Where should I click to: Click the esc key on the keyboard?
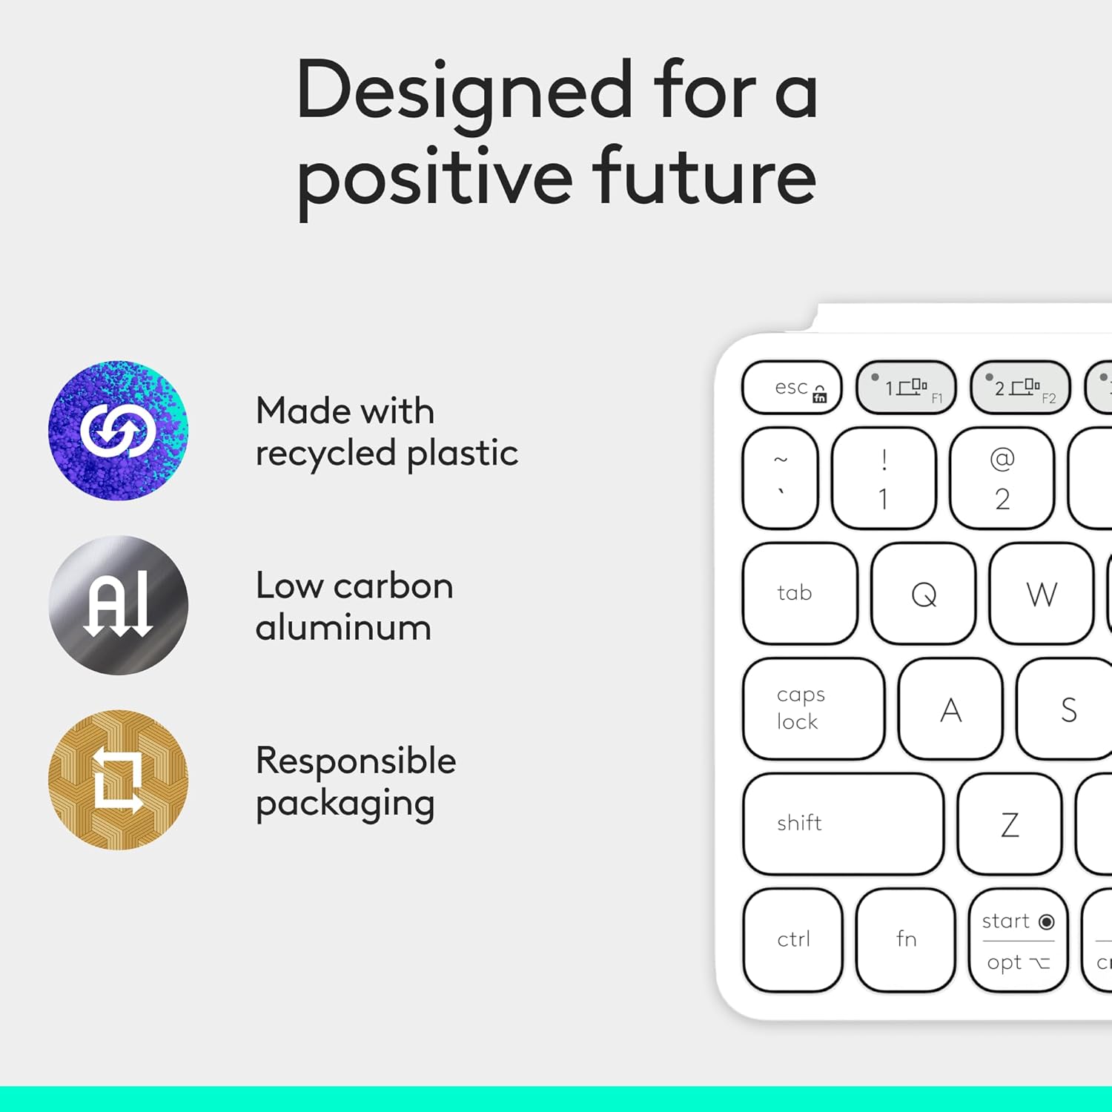pyautogui.click(x=792, y=387)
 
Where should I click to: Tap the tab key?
pyautogui.click(x=800, y=593)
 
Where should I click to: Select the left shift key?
pyautogui.click(x=843, y=824)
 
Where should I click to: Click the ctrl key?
pyautogui.click(x=793, y=939)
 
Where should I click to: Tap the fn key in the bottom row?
pyautogui.click(x=905, y=939)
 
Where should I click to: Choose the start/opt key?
pyautogui.click(x=1018, y=940)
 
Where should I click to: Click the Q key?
pyautogui.click(x=924, y=594)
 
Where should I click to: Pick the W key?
pyautogui.click(x=1041, y=594)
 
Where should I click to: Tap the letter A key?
pyautogui.click(x=950, y=709)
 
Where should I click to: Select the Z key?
pyautogui.click(x=1009, y=824)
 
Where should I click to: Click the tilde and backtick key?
pyautogui.click(x=780, y=478)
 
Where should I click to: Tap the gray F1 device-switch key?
pyautogui.click(x=906, y=387)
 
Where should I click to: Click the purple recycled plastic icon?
pyautogui.click(x=119, y=431)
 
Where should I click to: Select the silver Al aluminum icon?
pyautogui.click(x=119, y=605)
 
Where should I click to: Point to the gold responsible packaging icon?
pyautogui.click(x=119, y=780)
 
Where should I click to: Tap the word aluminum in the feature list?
pyautogui.click(x=343, y=628)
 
